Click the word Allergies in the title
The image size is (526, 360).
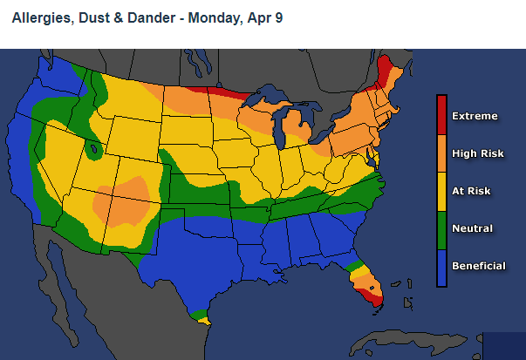coord(40,17)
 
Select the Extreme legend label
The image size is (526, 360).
coord(475,116)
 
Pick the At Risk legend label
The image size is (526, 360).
coord(472,191)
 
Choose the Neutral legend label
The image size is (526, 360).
coord(472,228)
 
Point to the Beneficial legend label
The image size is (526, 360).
coord(478,266)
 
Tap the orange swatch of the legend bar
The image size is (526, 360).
coord(441,153)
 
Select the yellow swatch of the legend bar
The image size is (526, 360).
coord(441,191)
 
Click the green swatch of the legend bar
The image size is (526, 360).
coord(441,228)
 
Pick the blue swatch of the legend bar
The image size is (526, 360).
coord(441,267)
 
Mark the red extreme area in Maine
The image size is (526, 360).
coord(385,70)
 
